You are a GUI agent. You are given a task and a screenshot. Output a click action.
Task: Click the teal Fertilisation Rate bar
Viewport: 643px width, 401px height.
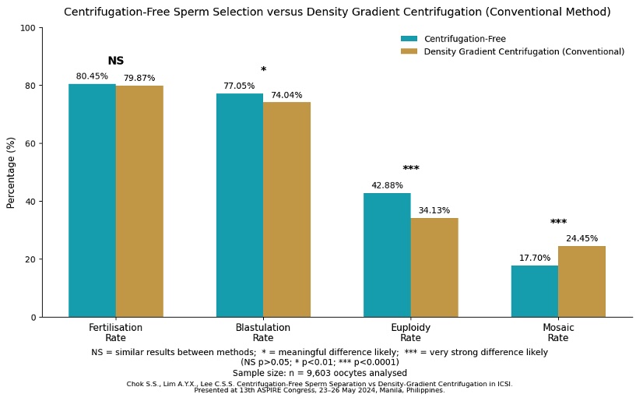pos(92,200)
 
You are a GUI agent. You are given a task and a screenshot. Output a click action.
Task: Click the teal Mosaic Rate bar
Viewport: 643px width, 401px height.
pos(535,291)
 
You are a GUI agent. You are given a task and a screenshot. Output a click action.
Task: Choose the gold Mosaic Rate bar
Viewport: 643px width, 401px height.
pos(582,281)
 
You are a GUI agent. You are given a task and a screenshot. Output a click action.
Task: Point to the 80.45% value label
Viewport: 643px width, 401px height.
pos(92,76)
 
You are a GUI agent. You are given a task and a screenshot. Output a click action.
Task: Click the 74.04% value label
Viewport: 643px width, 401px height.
pos(286,96)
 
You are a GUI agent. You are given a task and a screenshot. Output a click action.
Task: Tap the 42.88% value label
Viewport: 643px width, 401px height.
pos(387,186)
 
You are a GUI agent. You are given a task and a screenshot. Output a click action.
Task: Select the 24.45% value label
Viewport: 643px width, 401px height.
pos(582,239)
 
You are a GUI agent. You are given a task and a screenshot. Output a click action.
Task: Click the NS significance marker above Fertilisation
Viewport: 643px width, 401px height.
pos(116,61)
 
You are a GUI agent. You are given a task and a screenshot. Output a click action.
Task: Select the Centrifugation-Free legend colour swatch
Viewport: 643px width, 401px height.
pos(409,39)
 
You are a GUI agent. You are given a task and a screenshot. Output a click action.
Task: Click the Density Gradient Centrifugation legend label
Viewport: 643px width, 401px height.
pos(524,52)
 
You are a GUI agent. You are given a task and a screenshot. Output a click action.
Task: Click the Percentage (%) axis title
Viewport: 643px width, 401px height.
pos(12,172)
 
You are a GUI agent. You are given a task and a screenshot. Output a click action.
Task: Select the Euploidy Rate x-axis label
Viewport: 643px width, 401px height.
pos(411,333)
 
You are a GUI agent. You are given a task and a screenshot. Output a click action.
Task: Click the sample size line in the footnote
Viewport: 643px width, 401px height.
pos(320,373)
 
